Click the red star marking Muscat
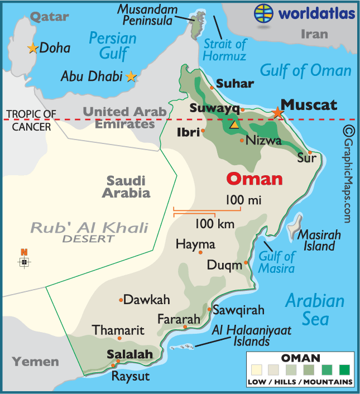277,112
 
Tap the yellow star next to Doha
32,49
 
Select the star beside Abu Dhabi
131,76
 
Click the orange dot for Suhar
212,87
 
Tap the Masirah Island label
316,240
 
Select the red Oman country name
255,179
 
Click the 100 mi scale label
244,199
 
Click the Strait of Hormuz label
224,50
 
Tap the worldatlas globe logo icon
265,12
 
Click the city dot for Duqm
246,262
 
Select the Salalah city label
129,354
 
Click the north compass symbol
24,260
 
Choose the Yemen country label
36,362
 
